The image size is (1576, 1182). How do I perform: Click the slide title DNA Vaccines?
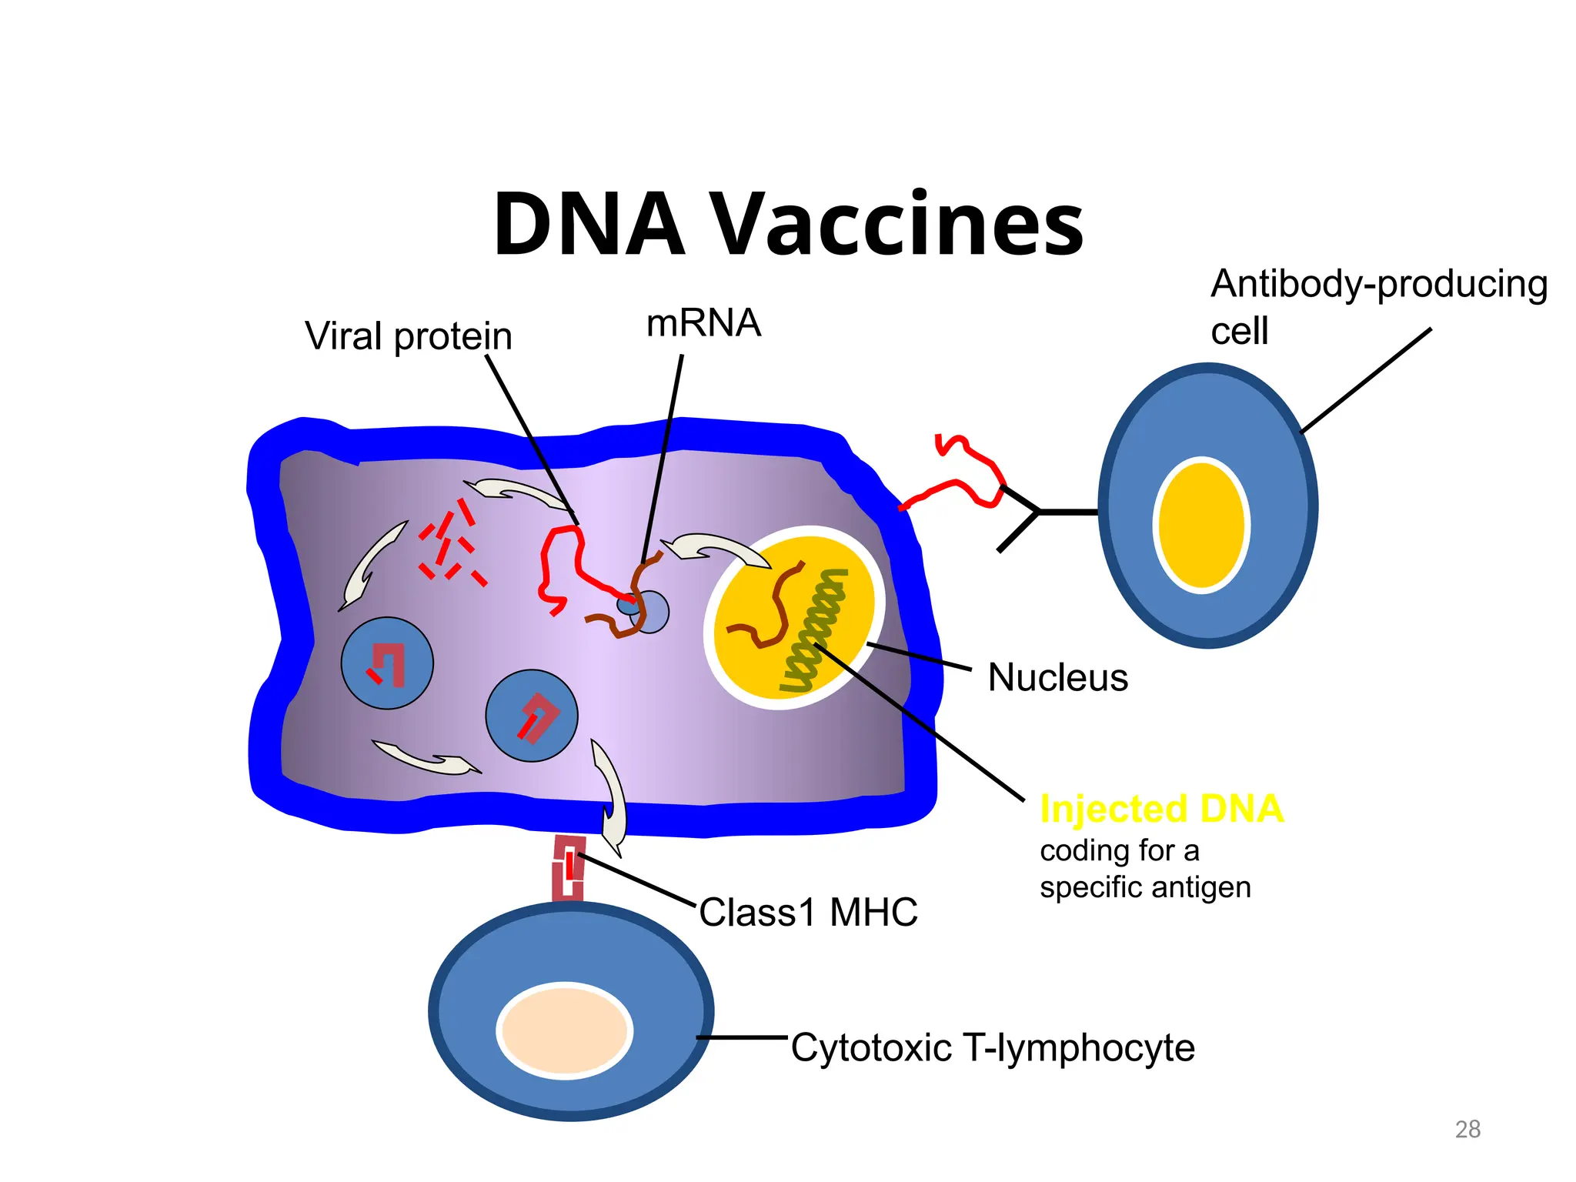click(x=788, y=225)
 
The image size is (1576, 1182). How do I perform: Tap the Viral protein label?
click(x=408, y=336)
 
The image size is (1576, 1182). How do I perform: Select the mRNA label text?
click(x=703, y=323)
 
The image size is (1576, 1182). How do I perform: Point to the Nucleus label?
click(x=1057, y=678)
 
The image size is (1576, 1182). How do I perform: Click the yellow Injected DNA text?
click(x=1161, y=809)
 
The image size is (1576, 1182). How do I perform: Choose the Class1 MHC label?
click(x=808, y=913)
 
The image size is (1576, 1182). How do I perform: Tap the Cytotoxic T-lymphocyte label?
click(x=993, y=1048)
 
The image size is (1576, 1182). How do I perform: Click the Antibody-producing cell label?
click(x=1377, y=306)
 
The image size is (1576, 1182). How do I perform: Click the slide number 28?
click(x=1467, y=1129)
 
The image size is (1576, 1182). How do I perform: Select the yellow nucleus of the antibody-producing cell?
click(x=1201, y=526)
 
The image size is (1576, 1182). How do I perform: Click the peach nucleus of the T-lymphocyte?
click(x=566, y=1030)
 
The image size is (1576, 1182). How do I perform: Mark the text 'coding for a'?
click(x=1120, y=851)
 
